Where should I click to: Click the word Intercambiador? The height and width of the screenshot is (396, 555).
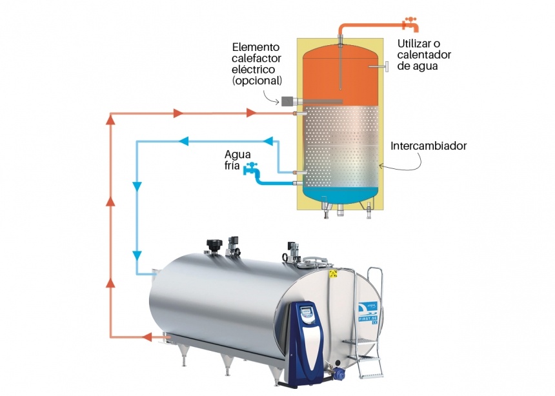pyautogui.click(x=429, y=146)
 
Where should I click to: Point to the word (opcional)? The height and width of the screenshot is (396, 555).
pyautogui.click(x=257, y=81)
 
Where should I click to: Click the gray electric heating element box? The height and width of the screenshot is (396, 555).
pyautogui.click(x=287, y=101)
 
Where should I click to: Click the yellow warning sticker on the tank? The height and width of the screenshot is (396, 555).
pyautogui.click(x=334, y=274)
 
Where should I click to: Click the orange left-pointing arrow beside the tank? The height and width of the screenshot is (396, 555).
pyautogui.click(x=147, y=336)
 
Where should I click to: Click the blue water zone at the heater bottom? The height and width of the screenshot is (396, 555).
pyautogui.click(x=338, y=191)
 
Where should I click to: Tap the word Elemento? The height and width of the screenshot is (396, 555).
pyautogui.click(x=256, y=47)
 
